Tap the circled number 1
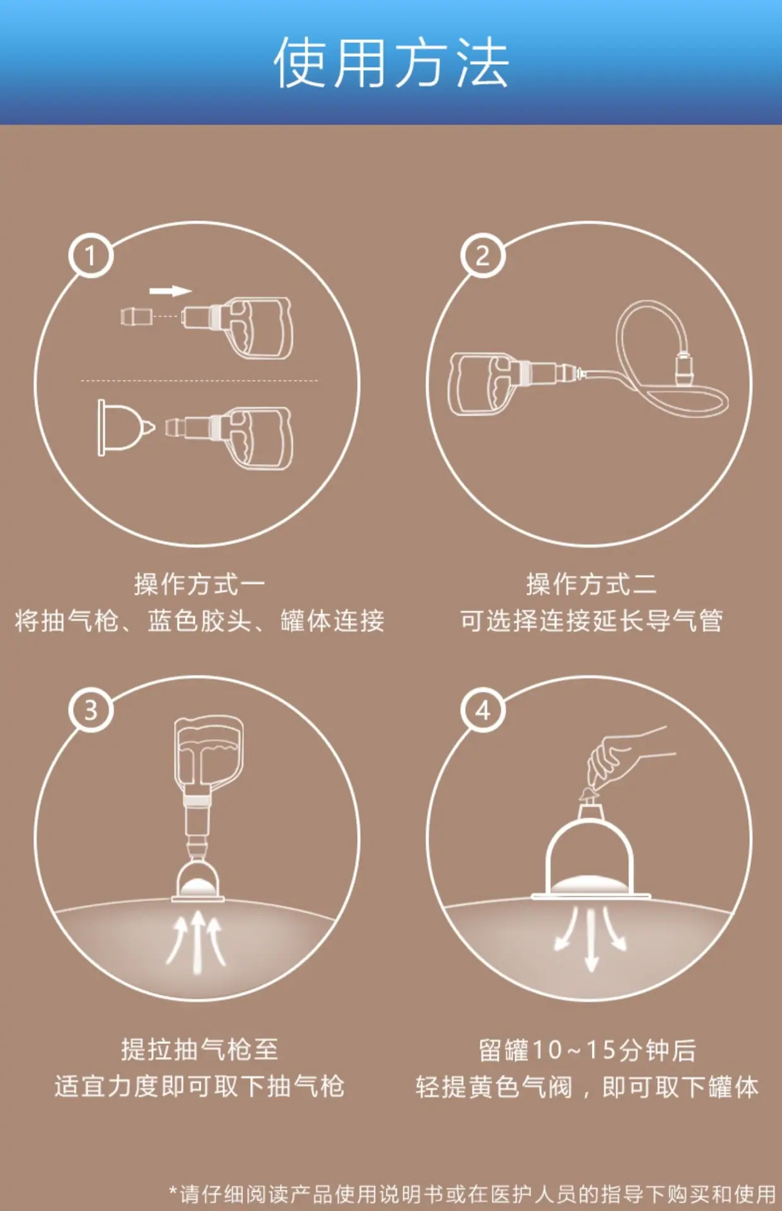tap(91, 255)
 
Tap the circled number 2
tap(482, 255)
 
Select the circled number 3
tap(91, 710)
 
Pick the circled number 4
tap(483, 710)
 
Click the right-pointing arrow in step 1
tap(170, 291)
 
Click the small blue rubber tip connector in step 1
tap(136, 316)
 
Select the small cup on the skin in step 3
tap(198, 880)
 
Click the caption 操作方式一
tap(199, 584)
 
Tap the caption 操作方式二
tap(592, 584)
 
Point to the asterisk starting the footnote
tap(173, 1191)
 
